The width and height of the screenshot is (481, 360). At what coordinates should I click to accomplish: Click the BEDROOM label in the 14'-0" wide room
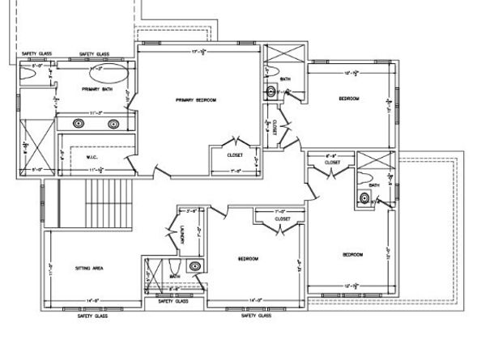pos(248,259)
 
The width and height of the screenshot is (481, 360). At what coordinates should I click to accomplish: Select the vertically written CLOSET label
pos(277,127)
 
